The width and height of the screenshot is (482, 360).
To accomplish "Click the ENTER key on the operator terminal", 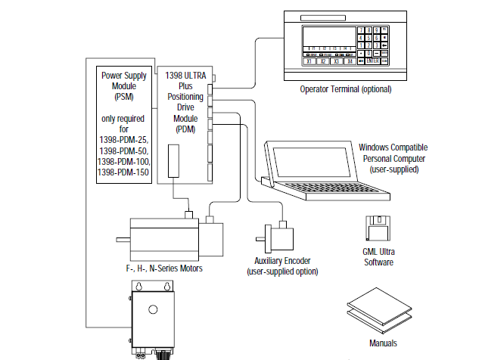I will point(374,61).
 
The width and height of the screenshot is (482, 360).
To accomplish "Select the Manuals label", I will point(383,343).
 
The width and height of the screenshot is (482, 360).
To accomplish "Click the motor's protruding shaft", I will point(123,241).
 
